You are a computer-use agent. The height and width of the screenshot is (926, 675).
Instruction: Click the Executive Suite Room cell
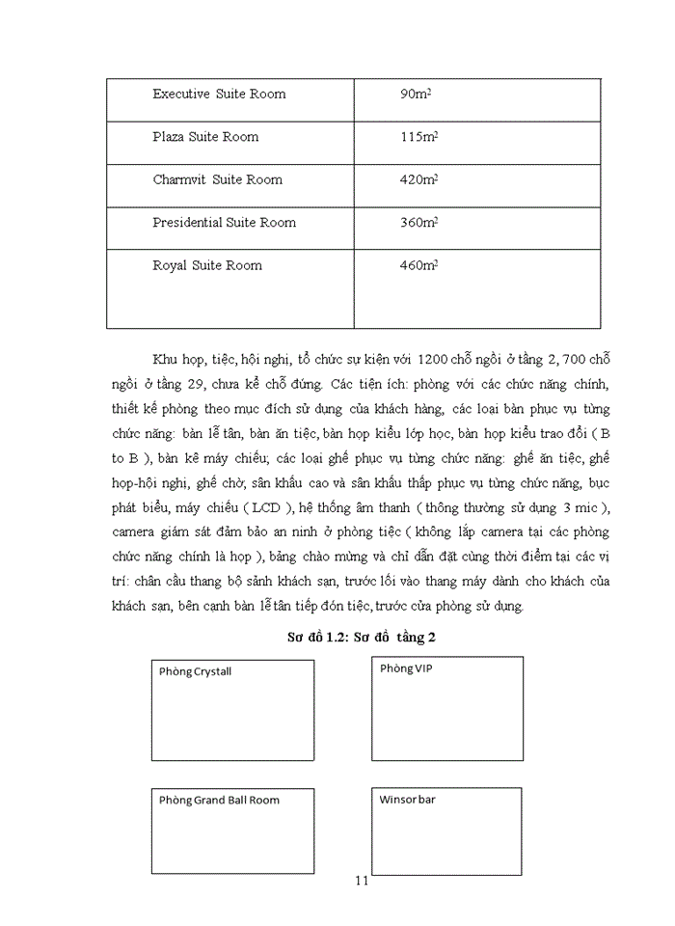pyautogui.click(x=219, y=95)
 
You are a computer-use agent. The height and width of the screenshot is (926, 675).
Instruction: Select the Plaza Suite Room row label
pyautogui.click(x=205, y=137)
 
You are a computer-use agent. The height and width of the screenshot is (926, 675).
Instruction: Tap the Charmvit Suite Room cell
pyautogui.click(x=217, y=179)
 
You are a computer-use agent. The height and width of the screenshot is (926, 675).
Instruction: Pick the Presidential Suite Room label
pyautogui.click(x=224, y=223)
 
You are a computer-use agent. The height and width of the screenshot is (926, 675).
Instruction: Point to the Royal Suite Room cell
pyautogui.click(x=206, y=265)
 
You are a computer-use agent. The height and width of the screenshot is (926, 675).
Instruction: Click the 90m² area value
pyautogui.click(x=415, y=95)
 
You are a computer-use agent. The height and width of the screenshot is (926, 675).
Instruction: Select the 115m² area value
pyautogui.click(x=418, y=137)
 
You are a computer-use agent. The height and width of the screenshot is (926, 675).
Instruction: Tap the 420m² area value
pyautogui.click(x=418, y=179)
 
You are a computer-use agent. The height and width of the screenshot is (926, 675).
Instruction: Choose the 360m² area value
pyautogui.click(x=418, y=223)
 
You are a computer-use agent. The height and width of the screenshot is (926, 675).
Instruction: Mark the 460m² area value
pyautogui.click(x=418, y=265)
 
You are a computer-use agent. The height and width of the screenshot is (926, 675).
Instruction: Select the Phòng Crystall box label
pyautogui.click(x=196, y=672)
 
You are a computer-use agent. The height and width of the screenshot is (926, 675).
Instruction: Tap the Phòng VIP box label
pyautogui.click(x=406, y=668)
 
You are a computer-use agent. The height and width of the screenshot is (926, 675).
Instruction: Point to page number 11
pyautogui.click(x=362, y=881)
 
